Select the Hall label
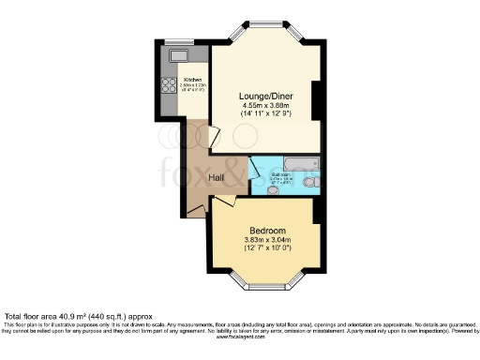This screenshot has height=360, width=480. [x=216, y=176]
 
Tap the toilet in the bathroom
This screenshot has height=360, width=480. [x=310, y=187]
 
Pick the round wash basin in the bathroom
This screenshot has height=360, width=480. [x=272, y=190]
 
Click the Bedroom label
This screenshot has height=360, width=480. [x=267, y=231]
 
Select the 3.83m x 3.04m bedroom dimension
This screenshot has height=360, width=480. [x=267, y=241]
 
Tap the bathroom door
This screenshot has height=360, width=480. [x=255, y=166]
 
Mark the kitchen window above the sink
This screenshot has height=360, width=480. [x=175, y=41]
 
